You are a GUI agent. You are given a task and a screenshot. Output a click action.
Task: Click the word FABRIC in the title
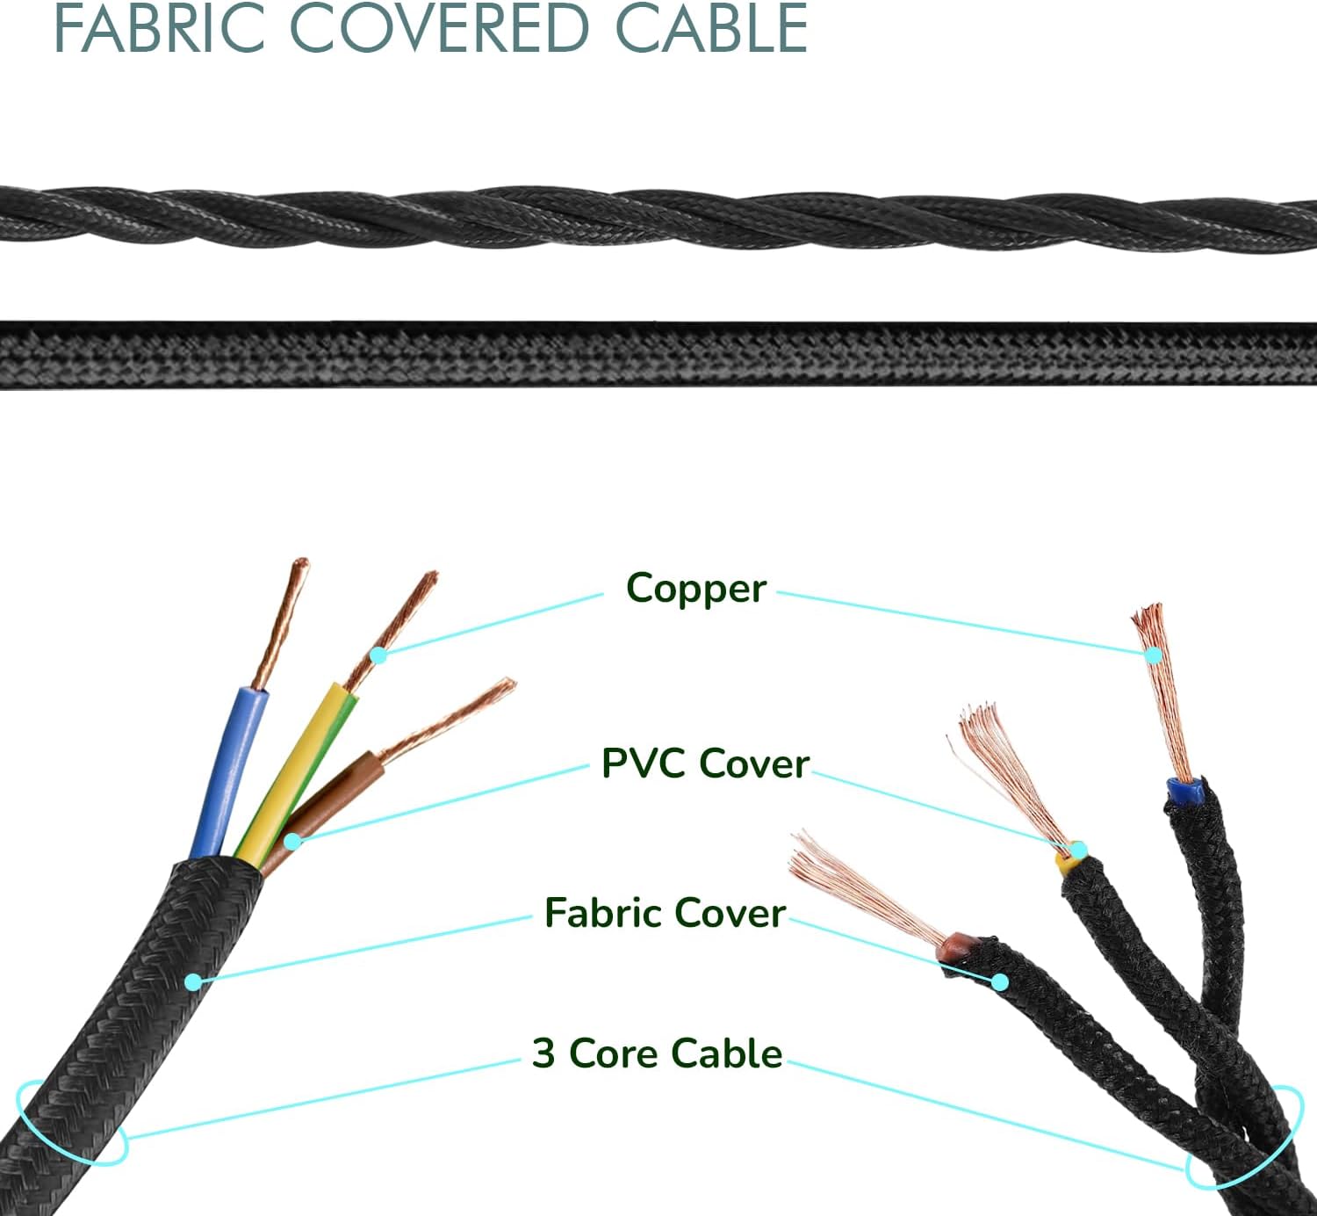point(159,29)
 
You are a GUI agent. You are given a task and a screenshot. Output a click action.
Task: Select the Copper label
point(695,589)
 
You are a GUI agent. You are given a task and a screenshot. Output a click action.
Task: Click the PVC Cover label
point(704,764)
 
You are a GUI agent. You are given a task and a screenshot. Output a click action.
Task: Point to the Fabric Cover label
point(664,913)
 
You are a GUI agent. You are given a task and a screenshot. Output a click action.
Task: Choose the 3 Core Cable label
point(657,1053)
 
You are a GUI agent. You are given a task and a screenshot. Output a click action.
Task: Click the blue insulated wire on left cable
point(230,764)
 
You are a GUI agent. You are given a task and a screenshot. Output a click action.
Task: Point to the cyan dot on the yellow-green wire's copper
point(378,655)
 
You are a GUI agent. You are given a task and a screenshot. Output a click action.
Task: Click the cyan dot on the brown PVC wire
point(293,842)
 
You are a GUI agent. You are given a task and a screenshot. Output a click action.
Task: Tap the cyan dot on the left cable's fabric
point(193,981)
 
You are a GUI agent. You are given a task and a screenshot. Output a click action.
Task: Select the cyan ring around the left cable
point(70,1125)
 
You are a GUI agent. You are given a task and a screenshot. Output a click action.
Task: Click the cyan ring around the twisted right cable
point(1240,1138)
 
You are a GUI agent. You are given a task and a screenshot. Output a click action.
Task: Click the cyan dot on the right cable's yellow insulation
point(1079,850)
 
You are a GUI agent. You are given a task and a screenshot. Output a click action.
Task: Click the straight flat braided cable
point(658,354)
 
